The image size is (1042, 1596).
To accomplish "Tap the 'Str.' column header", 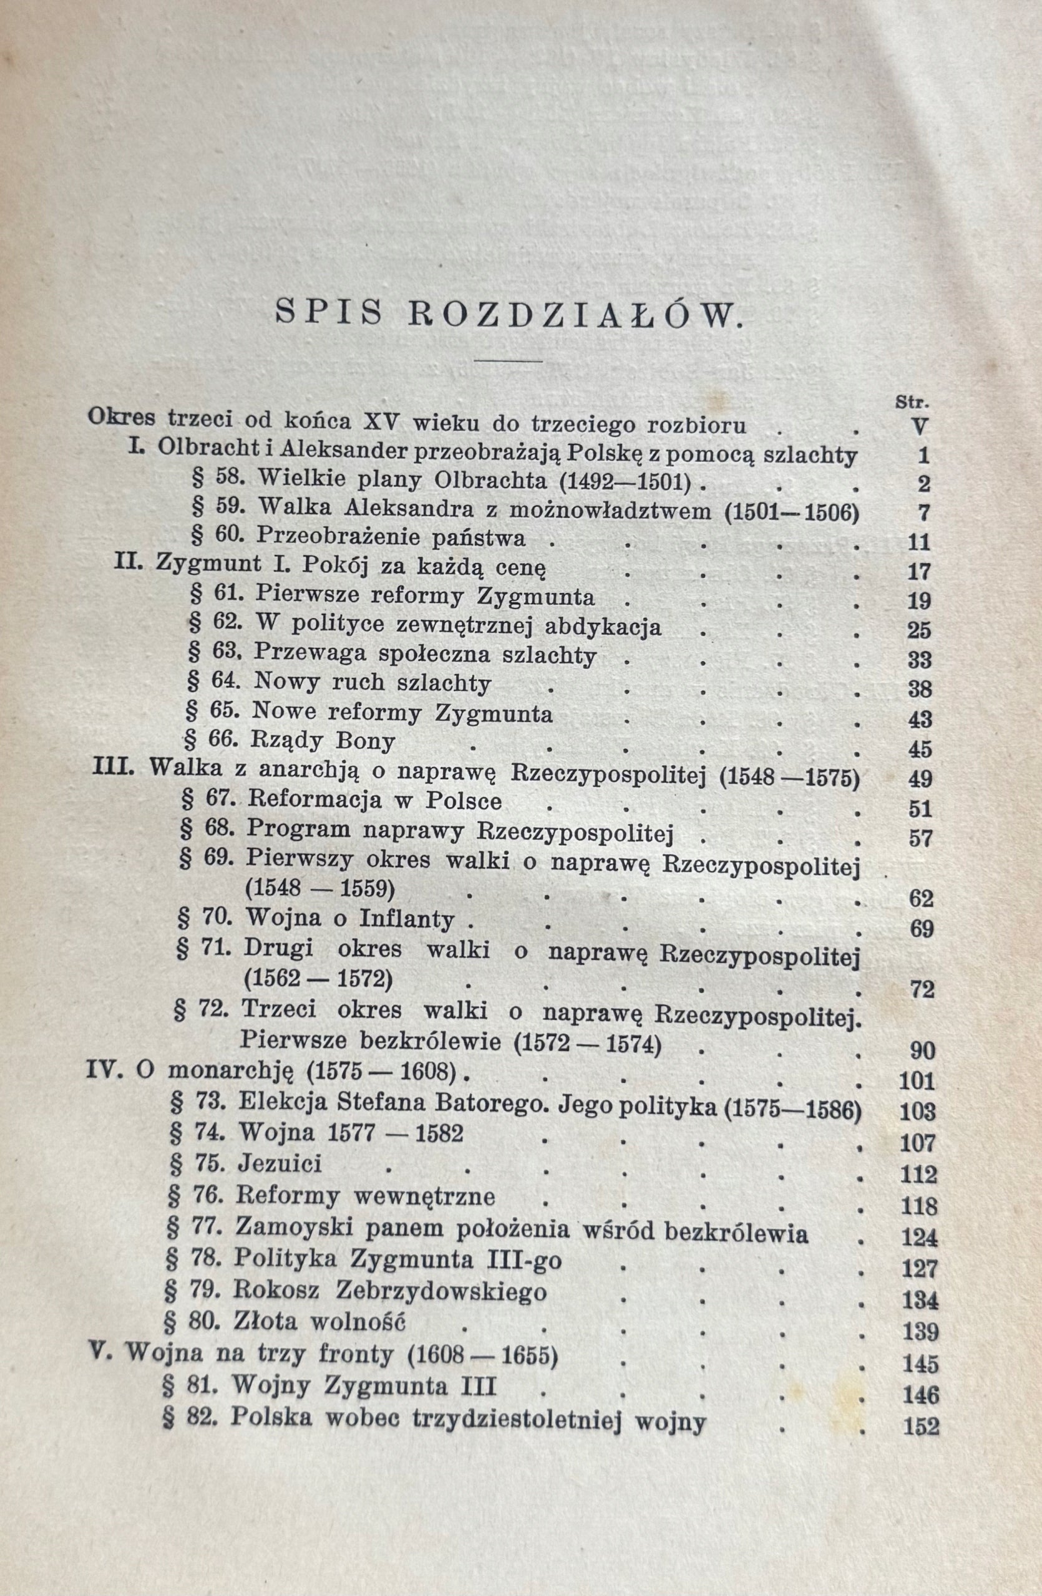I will click(x=912, y=402).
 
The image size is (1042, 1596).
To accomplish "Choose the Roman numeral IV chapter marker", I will click(x=105, y=1071).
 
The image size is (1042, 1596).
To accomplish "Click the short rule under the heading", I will click(x=508, y=362).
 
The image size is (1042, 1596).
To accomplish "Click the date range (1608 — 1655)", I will click(x=482, y=1351).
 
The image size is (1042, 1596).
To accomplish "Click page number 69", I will click(x=920, y=930).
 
